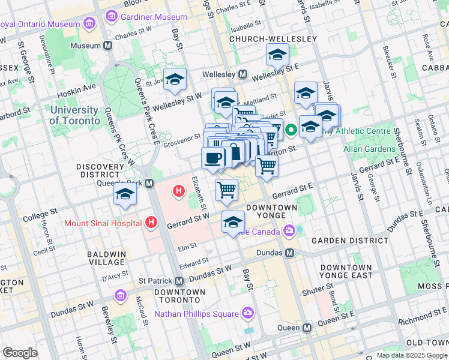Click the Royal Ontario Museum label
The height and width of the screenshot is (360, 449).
(x=40, y=24)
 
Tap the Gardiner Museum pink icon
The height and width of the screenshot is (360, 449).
(x=110, y=17)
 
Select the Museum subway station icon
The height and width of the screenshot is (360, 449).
(x=108, y=46)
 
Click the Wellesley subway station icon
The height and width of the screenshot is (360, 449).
(x=243, y=74)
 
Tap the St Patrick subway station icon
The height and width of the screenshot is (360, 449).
(x=179, y=280)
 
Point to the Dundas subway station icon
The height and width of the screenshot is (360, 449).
(x=290, y=253)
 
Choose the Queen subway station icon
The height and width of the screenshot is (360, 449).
(x=307, y=328)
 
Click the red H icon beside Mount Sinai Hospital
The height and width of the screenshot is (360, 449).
(x=151, y=223)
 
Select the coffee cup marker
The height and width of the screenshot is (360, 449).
(x=212, y=159)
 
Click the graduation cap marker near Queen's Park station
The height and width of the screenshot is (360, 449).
(x=125, y=194)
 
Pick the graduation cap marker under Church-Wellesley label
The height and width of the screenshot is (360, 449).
(x=277, y=55)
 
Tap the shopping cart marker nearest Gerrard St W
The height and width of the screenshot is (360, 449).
(x=227, y=190)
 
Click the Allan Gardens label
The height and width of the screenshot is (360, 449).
(x=369, y=148)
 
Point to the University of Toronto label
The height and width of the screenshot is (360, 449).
(x=74, y=115)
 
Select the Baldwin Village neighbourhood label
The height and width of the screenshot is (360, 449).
(x=107, y=259)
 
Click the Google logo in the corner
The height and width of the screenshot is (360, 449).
(x=20, y=353)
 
